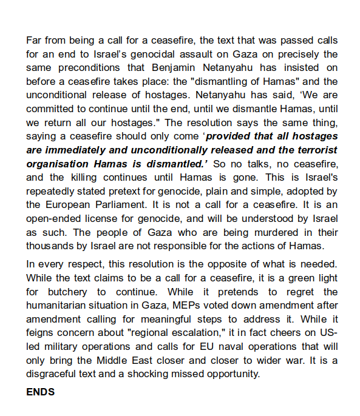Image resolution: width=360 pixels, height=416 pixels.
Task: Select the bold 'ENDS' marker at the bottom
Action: click(40, 392)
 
